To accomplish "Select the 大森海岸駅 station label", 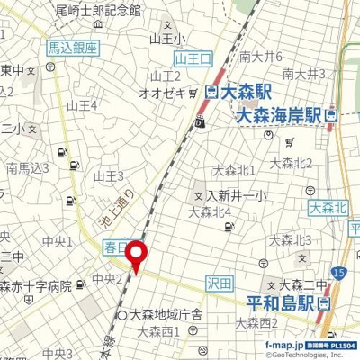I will pyautogui.click(x=279, y=115).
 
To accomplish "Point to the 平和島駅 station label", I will pyautogui.click(x=279, y=302).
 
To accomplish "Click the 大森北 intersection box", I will pyautogui.click(x=327, y=209).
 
